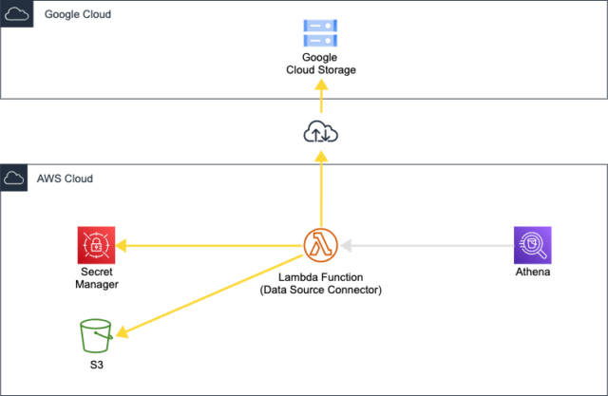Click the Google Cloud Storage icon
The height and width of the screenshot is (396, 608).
[320, 35]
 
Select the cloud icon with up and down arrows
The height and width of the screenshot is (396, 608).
[320, 133]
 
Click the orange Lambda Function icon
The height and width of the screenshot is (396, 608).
[320, 245]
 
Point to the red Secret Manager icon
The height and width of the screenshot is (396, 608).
[96, 245]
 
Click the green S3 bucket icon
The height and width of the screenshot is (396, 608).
[96, 336]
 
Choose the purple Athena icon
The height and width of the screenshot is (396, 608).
[531, 245]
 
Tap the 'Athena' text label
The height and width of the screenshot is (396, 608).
[531, 273]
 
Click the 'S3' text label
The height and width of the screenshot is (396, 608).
[96, 364]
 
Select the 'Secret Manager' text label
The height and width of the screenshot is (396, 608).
[96, 278]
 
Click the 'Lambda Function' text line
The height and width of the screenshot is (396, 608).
[320, 276]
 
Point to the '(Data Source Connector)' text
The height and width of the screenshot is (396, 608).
[320, 289]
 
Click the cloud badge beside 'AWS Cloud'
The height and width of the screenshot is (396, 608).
[15, 179]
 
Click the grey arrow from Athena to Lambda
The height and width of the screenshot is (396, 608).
[427, 246]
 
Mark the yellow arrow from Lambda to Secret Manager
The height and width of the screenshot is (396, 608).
[209, 246]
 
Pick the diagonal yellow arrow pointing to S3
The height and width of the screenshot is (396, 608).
[209, 290]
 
